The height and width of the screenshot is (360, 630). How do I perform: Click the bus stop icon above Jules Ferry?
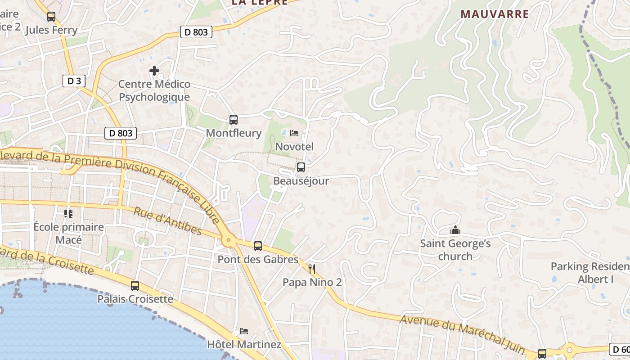[51, 17]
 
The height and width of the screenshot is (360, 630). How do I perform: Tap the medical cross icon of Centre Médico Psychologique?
[154, 71]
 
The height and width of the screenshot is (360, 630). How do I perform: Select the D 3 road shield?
[74, 81]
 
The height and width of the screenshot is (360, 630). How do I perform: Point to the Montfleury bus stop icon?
[233, 120]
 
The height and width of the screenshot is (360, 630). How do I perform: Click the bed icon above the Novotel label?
[294, 133]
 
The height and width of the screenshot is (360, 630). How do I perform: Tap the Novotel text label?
[294, 147]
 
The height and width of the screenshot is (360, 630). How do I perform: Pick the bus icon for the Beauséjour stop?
[301, 167]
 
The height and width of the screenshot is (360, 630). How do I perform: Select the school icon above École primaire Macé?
[68, 213]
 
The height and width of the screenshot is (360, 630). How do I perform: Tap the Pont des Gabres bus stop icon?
[258, 246]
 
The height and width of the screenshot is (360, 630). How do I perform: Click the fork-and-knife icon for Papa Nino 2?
[312, 269]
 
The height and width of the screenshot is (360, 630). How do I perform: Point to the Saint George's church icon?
[455, 230]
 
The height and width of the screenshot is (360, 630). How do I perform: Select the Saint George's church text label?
[455, 250]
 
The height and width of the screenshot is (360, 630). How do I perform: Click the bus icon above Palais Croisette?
[135, 286]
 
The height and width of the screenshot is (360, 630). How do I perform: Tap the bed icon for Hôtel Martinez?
[244, 331]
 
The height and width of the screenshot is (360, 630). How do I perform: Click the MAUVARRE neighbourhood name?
[495, 14]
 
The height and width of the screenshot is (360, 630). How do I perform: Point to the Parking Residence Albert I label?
[589, 273]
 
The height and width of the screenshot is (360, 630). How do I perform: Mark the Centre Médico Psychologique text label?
[154, 90]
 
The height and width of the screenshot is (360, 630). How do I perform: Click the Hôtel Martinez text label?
[244, 345]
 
